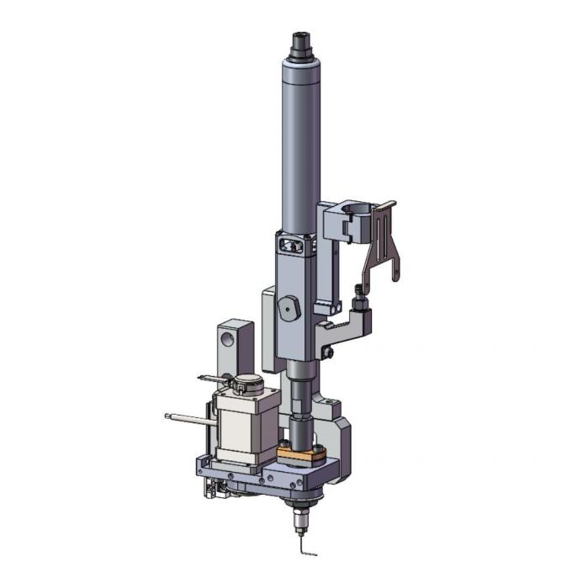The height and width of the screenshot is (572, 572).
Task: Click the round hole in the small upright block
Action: [x=227, y=338]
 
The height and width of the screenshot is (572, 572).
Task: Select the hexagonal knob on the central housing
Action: [x=289, y=309]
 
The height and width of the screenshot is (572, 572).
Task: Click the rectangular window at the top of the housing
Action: [x=290, y=245]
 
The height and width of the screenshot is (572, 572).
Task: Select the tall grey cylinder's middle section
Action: [x=299, y=151]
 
